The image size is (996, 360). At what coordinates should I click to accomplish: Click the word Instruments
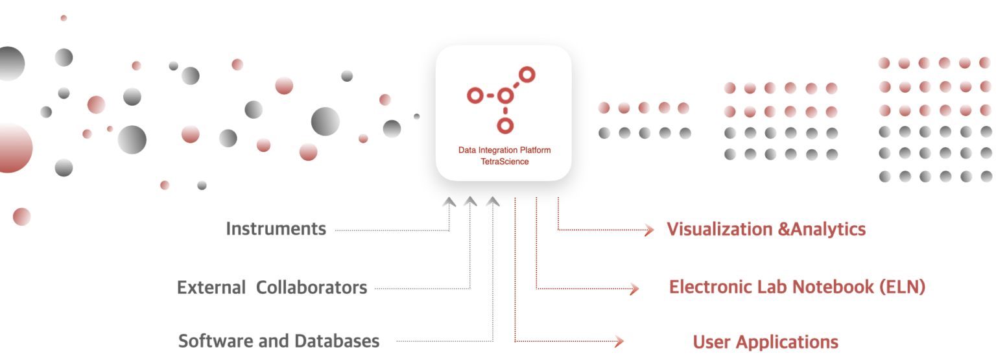276,229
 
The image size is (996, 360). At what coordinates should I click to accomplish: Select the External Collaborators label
272,287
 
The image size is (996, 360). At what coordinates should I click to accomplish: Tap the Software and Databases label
279,341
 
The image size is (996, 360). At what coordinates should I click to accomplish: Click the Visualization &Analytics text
766,229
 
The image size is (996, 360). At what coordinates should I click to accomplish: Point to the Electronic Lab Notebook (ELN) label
797,287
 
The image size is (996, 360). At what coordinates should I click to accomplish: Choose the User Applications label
765,342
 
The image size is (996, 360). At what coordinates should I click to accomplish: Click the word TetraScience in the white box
504,162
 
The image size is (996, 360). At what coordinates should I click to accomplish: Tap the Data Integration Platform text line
504,150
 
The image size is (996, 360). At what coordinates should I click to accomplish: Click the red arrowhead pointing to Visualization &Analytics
649,230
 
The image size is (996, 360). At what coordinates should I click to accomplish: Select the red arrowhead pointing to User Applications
619,341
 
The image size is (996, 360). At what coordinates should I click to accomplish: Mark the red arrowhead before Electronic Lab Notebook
634,289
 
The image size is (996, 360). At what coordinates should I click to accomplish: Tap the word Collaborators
312,287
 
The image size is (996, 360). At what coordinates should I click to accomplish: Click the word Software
213,341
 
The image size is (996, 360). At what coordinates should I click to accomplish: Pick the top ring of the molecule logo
527,75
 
